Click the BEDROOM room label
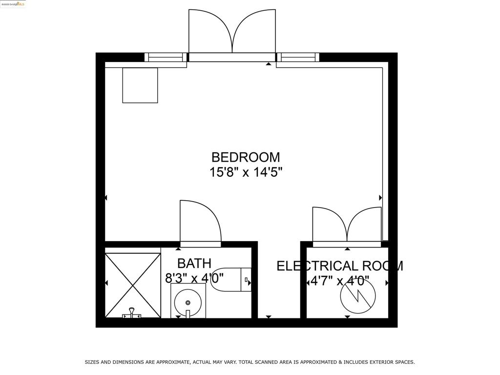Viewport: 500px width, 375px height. tap(246, 157)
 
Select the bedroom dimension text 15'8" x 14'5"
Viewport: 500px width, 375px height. tap(246, 172)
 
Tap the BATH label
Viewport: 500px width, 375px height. tap(194, 264)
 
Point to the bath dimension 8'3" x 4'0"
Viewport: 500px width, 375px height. tap(194, 279)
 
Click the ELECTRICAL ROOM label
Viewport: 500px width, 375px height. tap(339, 266)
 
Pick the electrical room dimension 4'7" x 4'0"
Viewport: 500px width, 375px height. tap(340, 281)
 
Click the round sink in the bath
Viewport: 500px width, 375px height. tap(188, 300)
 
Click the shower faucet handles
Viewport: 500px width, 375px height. tap(131, 313)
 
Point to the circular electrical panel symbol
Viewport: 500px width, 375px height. tap(358, 296)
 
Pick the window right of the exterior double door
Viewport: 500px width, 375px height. tap(298, 58)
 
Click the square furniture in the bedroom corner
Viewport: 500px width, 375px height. tap(140, 85)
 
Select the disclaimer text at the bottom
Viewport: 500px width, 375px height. tap(250, 362)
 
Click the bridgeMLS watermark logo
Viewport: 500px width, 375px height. tap(13, 4)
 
